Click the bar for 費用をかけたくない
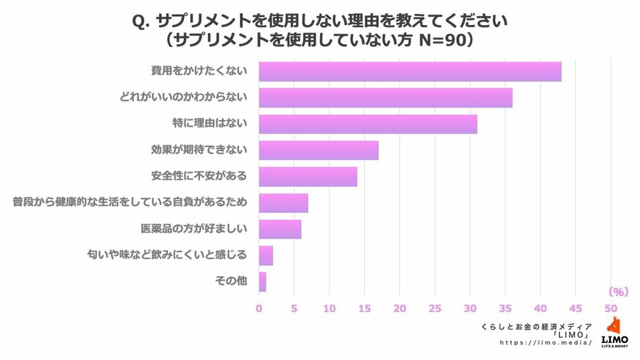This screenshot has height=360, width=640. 410,71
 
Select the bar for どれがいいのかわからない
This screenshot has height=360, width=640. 385,97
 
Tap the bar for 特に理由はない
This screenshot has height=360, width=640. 368,124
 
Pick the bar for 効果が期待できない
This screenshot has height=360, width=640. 319,150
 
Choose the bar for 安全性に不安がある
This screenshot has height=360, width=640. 308,177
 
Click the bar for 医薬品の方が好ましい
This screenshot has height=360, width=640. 280,229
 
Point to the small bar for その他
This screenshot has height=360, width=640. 263,281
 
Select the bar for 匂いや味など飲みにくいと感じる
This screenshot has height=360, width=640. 266,255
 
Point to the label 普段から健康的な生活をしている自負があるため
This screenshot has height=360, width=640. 129,202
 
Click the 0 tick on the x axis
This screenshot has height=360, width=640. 259,308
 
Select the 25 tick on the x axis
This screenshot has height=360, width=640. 435,308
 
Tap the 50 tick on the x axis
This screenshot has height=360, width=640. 611,308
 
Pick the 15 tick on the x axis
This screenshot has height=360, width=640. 364,308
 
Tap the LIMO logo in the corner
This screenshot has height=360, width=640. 614,332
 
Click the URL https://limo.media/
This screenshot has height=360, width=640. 546,343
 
